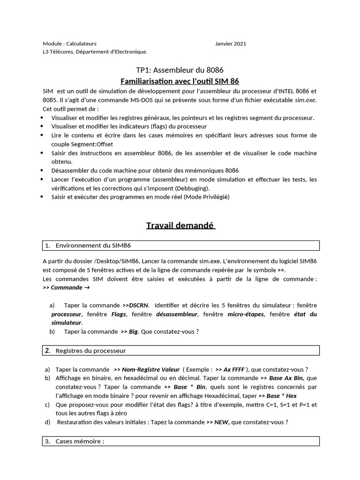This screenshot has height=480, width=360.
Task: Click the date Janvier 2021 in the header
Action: pos(231,44)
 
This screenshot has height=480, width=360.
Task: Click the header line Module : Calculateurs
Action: pos(69,44)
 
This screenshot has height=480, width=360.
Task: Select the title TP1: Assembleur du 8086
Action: pos(180,70)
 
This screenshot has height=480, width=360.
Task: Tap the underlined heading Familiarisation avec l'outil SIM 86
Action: pos(180,81)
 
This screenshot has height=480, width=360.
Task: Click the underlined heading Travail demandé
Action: pos(180,225)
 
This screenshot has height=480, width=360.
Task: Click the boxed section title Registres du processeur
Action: pos(90,350)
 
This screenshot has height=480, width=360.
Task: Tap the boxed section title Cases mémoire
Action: pos(80,441)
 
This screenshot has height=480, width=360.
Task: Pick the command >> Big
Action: pos(131,331)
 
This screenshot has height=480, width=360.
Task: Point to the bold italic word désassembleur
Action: pos(177,314)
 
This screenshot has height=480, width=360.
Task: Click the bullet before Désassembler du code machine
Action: pos(43,171)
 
